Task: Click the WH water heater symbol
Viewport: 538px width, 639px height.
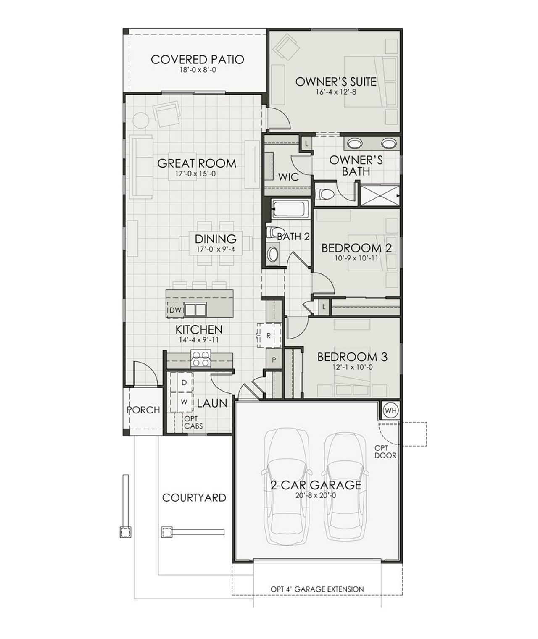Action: [x=390, y=410]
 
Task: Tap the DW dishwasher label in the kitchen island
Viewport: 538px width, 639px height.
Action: [x=175, y=310]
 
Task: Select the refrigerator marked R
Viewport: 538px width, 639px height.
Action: [x=268, y=336]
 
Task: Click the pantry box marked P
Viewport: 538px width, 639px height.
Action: [x=274, y=360]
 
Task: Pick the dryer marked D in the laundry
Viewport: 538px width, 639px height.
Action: [x=184, y=383]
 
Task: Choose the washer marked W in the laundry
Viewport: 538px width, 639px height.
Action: [x=184, y=402]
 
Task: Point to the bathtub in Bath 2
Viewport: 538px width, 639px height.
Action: [x=290, y=208]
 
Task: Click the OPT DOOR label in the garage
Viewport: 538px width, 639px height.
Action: [x=385, y=452]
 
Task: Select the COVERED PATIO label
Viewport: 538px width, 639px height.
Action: [x=197, y=60]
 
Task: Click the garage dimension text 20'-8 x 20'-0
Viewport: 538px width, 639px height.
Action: [x=315, y=495]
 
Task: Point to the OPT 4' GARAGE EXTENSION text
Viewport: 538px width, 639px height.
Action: [x=317, y=589]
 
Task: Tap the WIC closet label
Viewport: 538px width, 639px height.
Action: [x=288, y=177]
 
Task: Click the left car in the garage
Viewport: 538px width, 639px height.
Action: [x=287, y=487]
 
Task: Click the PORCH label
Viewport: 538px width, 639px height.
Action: [x=143, y=410]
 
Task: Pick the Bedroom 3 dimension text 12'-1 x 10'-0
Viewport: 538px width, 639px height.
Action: [x=352, y=367]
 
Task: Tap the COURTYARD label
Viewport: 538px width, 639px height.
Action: [x=194, y=498]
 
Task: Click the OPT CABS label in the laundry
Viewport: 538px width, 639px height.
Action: [x=193, y=422]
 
